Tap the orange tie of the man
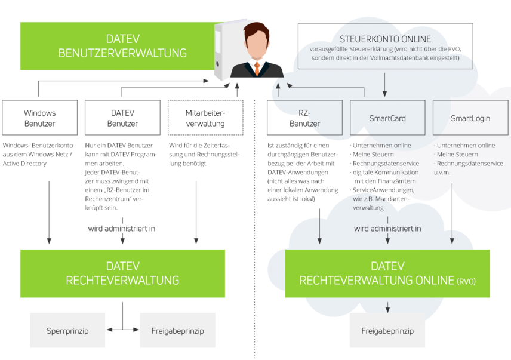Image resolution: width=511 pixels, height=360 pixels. point(257,67)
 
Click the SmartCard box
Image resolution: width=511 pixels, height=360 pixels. point(387,118)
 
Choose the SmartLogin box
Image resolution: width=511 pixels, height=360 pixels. point(470,118)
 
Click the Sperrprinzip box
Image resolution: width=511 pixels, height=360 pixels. point(67,330)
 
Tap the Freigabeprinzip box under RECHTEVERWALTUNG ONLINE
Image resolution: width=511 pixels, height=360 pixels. point(387,330)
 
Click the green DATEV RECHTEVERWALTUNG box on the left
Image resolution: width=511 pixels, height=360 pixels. point(122,273)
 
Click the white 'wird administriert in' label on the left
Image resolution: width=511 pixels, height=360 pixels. point(123,229)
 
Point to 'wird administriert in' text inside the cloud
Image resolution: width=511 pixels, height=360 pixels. point(387,229)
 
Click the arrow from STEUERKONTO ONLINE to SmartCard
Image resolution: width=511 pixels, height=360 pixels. point(384,84)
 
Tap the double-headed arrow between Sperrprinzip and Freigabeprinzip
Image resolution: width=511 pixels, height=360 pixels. point(122,329)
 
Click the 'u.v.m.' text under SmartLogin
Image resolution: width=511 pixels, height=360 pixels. point(442,173)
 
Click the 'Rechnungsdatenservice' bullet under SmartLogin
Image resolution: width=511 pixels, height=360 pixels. point(469,164)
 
